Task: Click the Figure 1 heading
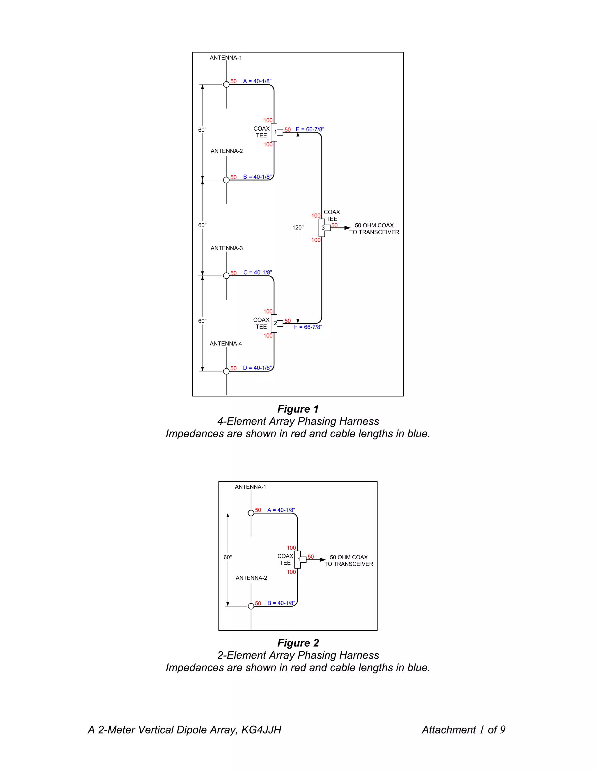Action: click(298, 409)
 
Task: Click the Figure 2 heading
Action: click(298, 643)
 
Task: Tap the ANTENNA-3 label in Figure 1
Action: click(226, 248)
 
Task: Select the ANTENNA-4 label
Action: click(226, 344)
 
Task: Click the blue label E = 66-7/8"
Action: click(310, 129)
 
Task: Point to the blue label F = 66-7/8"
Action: click(308, 327)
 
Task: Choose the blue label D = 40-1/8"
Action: click(257, 368)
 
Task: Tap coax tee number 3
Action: click(323, 228)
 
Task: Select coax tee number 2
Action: click(275, 323)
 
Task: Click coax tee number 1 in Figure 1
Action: click(275, 132)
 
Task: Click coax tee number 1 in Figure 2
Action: click(299, 559)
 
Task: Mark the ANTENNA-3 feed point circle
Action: click(226, 276)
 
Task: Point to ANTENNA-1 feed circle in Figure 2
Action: click(251, 513)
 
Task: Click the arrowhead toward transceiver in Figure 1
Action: click(347, 228)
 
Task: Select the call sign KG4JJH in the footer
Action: click(261, 730)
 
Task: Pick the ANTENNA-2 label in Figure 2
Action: click(251, 578)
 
